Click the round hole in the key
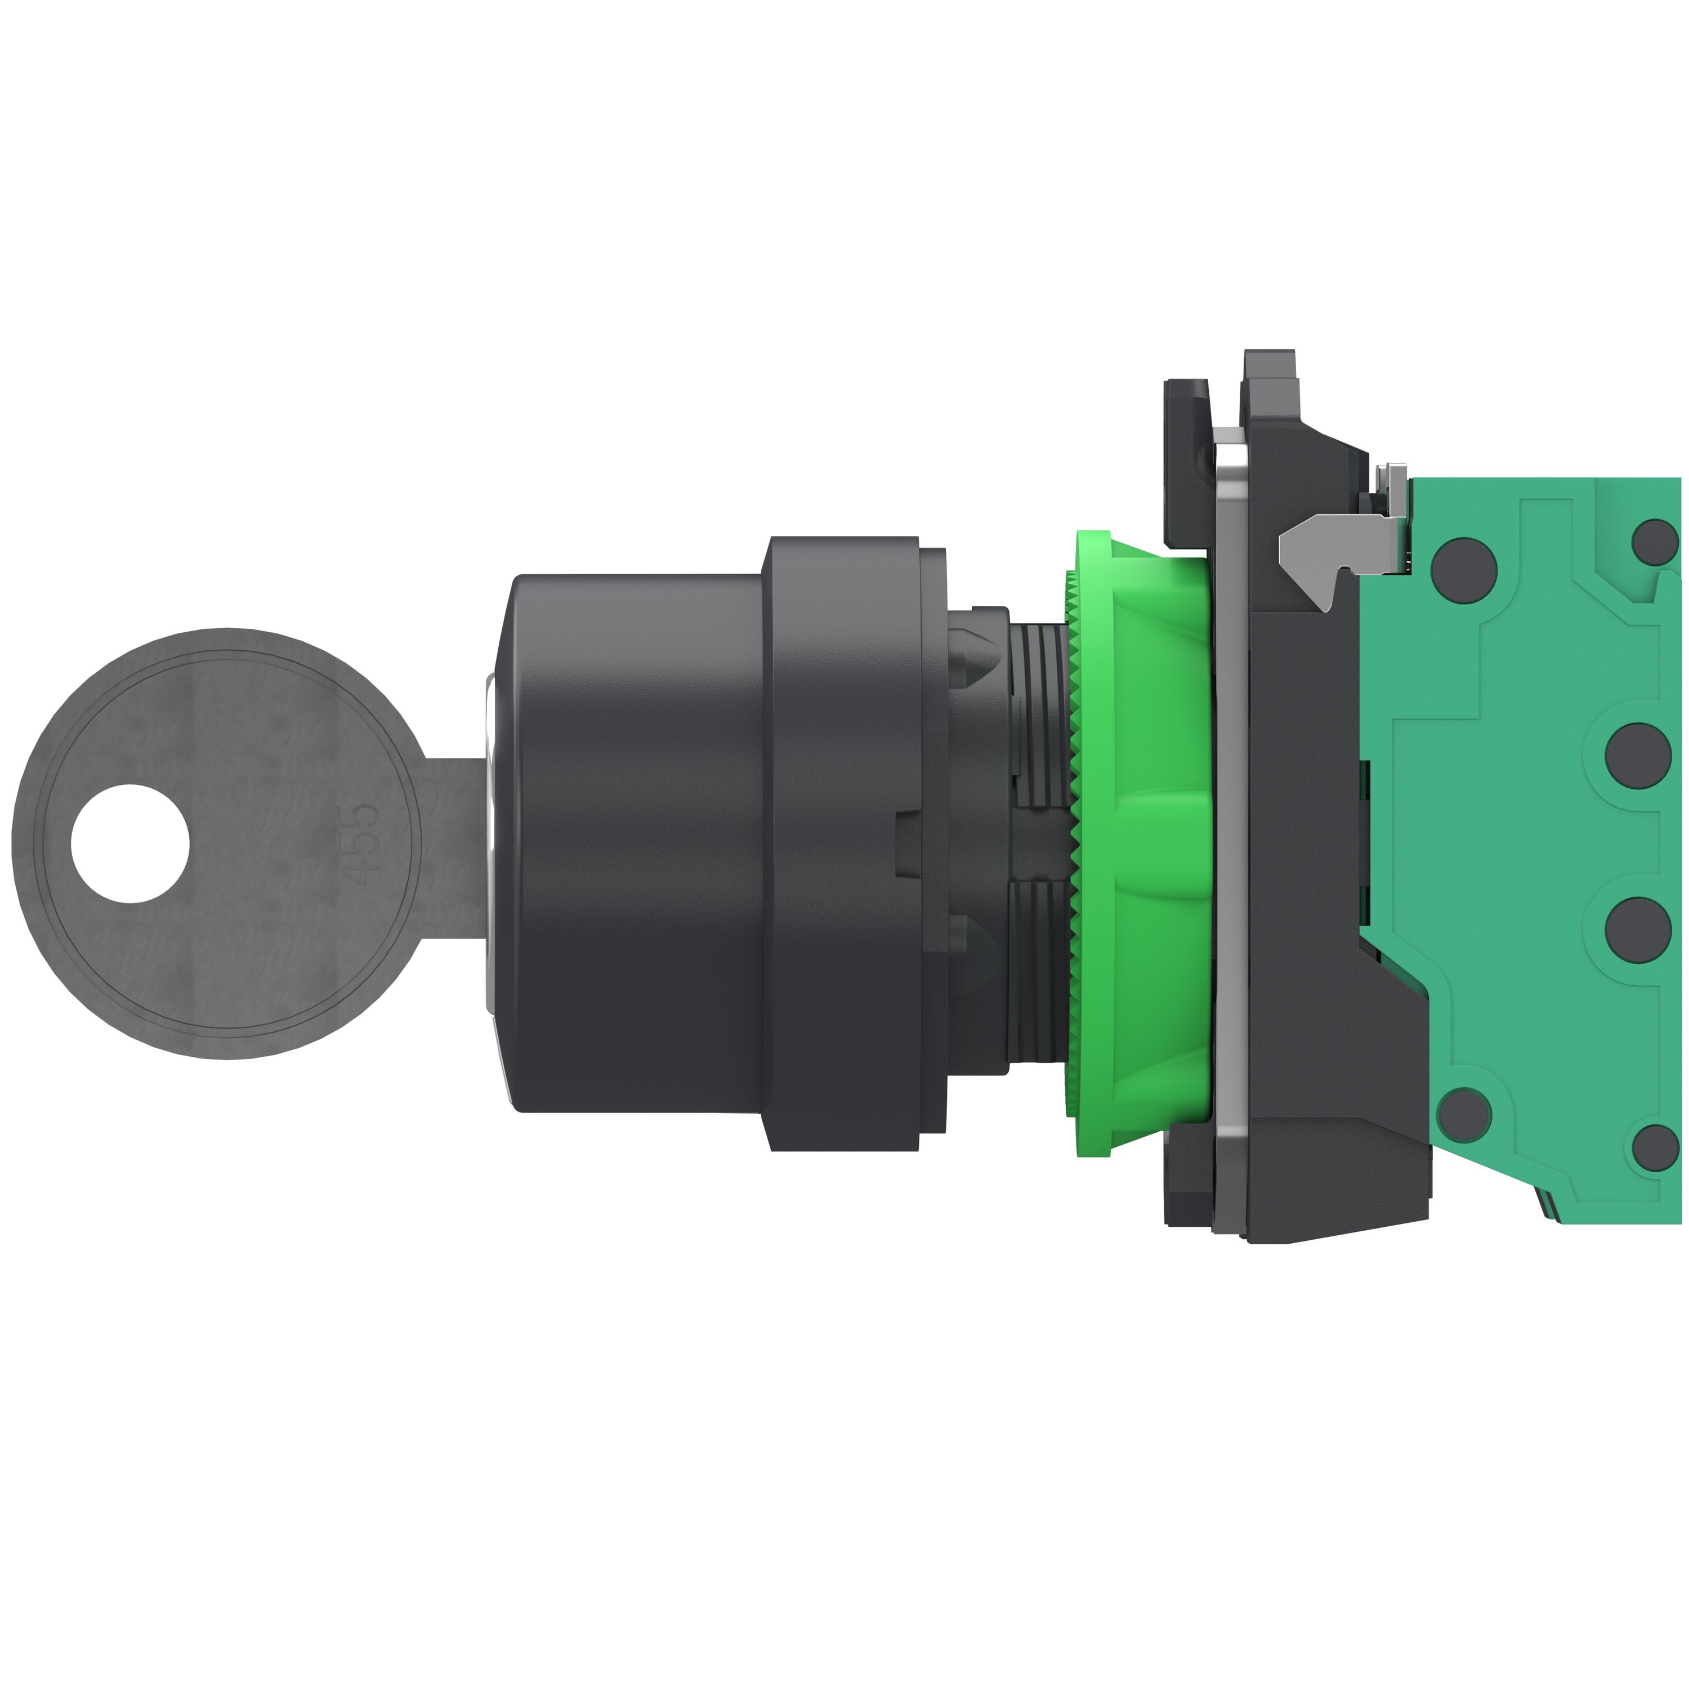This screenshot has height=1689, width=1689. click(129, 843)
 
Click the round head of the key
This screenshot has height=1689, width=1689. click(218, 843)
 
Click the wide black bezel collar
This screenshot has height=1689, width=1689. click(843, 843)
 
